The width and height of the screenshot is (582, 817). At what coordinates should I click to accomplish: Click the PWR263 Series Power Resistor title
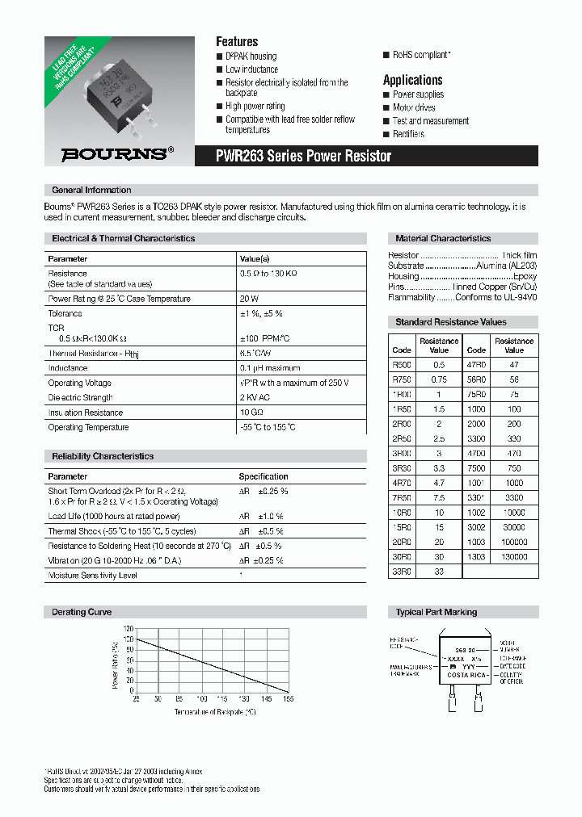[304, 156]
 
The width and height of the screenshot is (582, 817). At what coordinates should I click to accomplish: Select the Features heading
[237, 41]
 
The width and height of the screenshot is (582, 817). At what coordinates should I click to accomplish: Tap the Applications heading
[412, 80]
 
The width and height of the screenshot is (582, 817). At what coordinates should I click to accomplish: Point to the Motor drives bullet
[414, 107]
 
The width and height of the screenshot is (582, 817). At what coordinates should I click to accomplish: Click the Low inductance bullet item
[251, 69]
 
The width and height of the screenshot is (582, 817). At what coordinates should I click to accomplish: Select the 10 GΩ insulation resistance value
[251, 413]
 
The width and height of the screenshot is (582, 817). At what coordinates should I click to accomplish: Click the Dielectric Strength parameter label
[80, 397]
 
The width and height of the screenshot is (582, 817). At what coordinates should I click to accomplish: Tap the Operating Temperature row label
[88, 427]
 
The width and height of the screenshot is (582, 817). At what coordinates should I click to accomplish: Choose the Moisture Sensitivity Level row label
[92, 575]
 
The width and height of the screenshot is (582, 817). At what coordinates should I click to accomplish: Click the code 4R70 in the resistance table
[402, 482]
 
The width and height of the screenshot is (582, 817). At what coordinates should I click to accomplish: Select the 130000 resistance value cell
[514, 556]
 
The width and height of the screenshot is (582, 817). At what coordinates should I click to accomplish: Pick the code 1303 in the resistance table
[476, 556]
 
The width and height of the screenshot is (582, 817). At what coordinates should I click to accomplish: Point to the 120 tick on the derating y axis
[128, 628]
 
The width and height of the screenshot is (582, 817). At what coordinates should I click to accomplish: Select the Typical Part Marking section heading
[436, 612]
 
